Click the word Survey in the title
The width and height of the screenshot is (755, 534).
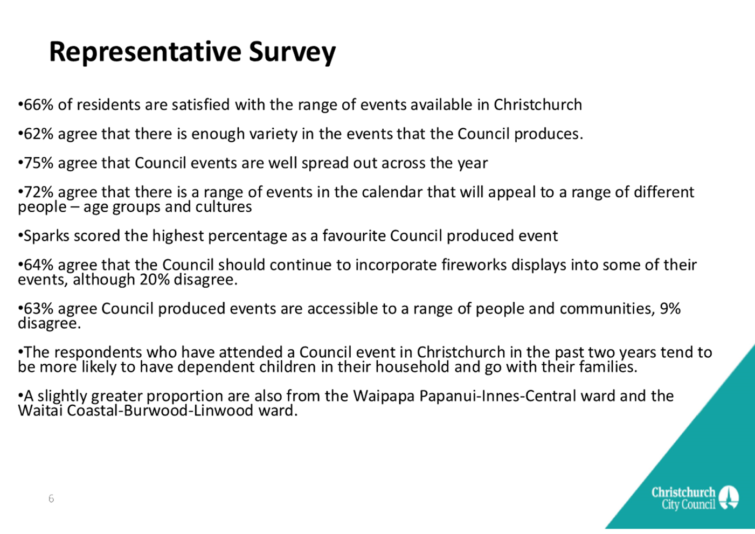coord(292,52)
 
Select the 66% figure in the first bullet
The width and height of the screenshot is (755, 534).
coord(39,105)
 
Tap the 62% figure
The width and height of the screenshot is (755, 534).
coord(39,134)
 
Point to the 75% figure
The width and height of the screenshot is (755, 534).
coord(39,163)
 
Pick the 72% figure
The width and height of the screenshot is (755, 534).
coord(39,192)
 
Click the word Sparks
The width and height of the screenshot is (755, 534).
coord(46,236)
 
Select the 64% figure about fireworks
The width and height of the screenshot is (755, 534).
coord(39,265)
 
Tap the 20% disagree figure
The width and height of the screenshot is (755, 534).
coord(155,280)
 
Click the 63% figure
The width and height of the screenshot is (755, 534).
coord(39,308)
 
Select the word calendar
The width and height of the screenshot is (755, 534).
coord(392,192)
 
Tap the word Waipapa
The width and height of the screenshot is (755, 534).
coord(384,397)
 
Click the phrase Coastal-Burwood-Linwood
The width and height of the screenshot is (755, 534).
coord(160,411)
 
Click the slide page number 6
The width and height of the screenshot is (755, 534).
coord(51,498)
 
